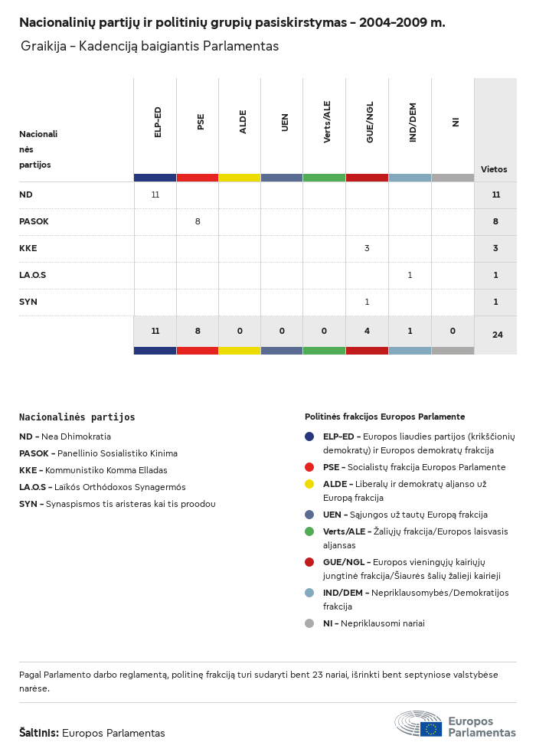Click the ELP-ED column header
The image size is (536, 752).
[158, 122]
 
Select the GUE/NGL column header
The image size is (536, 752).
[370, 122]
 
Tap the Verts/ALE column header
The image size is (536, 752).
[327, 122]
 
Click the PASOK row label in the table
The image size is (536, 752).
[34, 221]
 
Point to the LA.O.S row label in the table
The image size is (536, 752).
[33, 275]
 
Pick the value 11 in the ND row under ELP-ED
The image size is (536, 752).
[155, 195]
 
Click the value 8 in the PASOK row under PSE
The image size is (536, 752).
[198, 221]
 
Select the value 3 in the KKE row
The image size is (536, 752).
[367, 248]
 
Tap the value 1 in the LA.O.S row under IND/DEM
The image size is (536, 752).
[410, 275]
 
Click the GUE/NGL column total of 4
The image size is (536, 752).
[367, 331]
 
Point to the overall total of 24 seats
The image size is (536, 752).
[496, 335]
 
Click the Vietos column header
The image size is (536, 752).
[494, 169]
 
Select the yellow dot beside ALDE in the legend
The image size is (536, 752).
[309, 484]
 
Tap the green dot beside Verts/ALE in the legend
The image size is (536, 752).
[309, 531]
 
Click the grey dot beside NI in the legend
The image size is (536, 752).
[309, 623]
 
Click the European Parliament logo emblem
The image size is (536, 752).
[418, 724]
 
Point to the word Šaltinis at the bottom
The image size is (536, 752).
[39, 733]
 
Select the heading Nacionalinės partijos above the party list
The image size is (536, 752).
[77, 417]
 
